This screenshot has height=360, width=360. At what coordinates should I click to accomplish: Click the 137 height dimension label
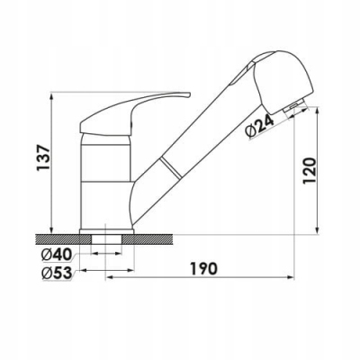point(42,157)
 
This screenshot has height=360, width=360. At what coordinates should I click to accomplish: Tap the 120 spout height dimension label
point(310,171)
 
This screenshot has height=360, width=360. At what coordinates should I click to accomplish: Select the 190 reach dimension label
point(203,268)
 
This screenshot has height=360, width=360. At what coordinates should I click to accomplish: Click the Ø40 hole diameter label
point(57,255)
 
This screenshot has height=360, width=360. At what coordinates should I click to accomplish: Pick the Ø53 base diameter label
point(57,273)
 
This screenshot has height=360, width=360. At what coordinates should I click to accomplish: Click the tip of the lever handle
point(189,94)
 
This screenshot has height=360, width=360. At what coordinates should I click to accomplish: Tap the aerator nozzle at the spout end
point(295,107)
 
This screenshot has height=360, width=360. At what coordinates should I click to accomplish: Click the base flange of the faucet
point(106,231)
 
